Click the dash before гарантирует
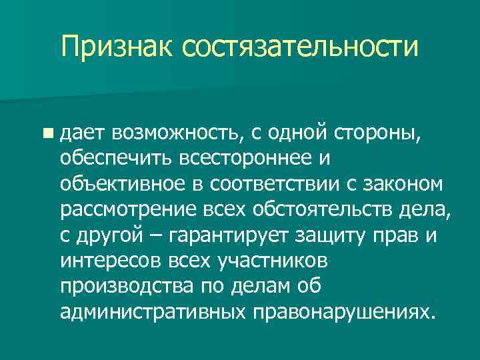coord(160,236)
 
